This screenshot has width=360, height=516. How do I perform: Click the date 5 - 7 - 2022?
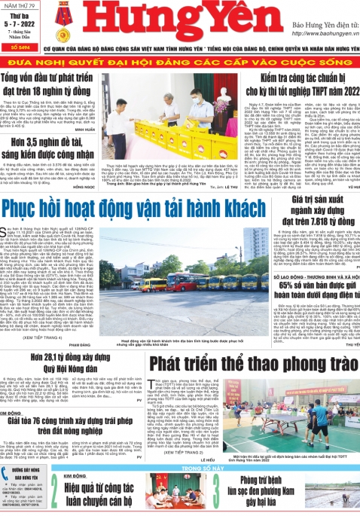click(x=19, y=25)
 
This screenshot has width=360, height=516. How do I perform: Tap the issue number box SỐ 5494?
click(x=19, y=45)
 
